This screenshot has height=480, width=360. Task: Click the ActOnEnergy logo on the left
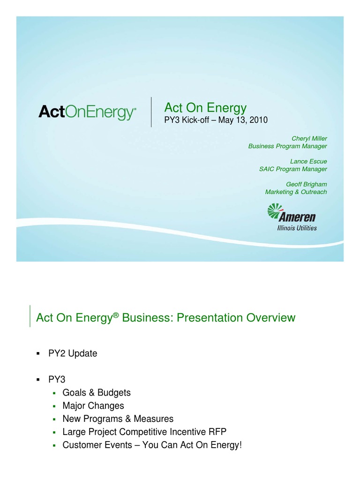tap(87, 112)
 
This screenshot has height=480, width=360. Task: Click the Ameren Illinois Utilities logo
tap(292, 217)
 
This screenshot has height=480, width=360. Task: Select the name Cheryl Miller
tap(309, 139)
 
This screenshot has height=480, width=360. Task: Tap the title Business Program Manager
tap(287, 146)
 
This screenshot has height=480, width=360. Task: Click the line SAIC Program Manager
tap(293, 169)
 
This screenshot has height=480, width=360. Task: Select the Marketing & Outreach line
tap(296, 192)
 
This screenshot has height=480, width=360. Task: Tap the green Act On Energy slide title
tap(205, 108)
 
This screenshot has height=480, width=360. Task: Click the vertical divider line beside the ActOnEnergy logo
tap(151, 112)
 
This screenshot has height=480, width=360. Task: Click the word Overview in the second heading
tap(273, 318)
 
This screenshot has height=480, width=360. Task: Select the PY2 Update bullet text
tap(73, 353)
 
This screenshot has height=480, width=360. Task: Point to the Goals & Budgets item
tap(97, 393)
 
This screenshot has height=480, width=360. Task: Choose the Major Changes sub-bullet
tap(93, 406)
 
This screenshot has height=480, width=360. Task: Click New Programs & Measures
tap(118, 419)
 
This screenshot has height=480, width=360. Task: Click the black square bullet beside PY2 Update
tap(38, 354)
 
